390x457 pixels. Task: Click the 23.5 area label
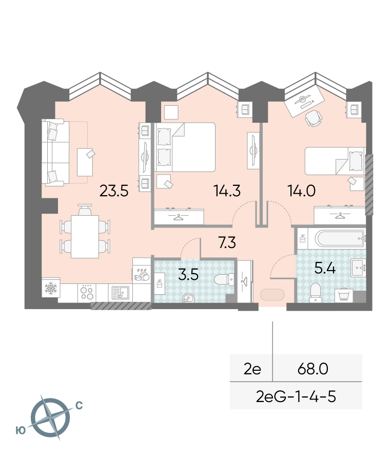114,191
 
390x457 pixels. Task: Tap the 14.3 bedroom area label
227,191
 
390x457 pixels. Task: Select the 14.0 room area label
301,191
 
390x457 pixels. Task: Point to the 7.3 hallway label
227,242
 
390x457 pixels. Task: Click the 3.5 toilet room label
188,275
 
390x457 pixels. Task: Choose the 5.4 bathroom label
325,268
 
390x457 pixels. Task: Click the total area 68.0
313,369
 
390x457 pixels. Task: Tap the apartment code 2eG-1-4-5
296,397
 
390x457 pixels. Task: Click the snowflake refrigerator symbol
51,288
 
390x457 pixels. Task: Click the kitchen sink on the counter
121,293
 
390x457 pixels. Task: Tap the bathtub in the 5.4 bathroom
340,239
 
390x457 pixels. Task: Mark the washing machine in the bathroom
344,295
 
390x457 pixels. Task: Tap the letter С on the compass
79,406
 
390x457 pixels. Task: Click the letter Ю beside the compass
21,430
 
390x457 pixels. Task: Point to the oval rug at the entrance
272,295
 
